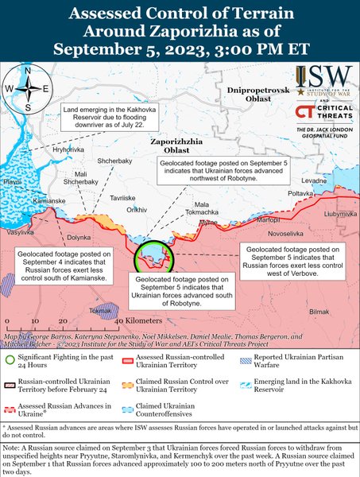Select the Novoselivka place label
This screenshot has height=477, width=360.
(x=286, y=235)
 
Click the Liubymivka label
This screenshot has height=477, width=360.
(x=340, y=213)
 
